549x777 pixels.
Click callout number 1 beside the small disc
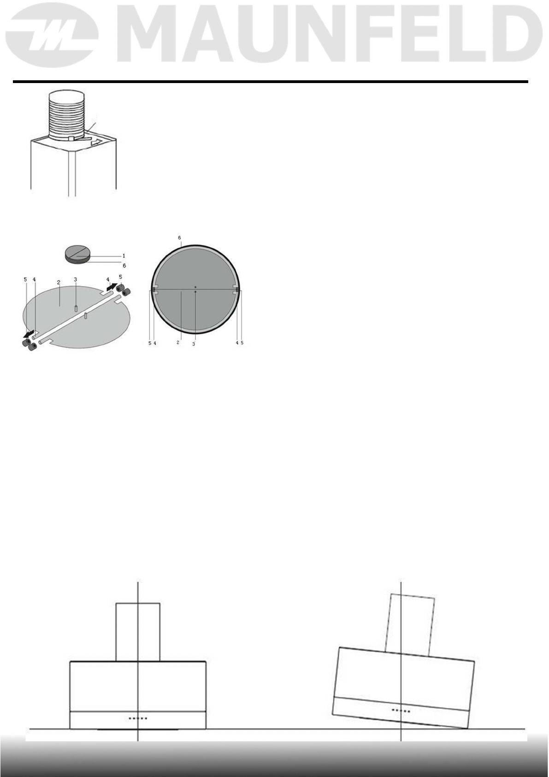point(124,256)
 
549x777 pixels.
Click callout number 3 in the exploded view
point(76,280)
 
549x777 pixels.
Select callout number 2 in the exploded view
point(59,282)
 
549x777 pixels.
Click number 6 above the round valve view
point(179,238)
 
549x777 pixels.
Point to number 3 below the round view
point(194,344)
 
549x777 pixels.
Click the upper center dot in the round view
point(195,287)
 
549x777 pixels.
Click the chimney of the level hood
point(138,632)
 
